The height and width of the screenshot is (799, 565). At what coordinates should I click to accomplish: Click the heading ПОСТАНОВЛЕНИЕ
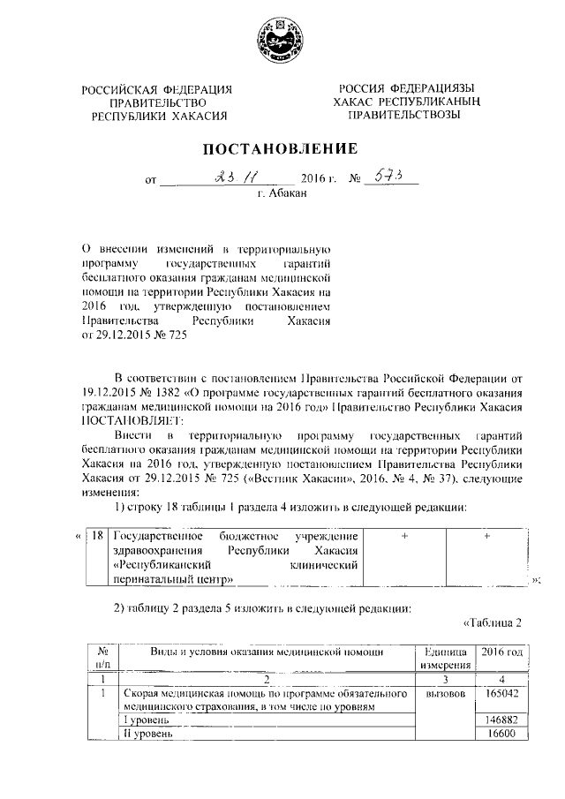[x=282, y=147]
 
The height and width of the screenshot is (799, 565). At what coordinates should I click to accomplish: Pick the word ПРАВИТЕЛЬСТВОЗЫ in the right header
[x=405, y=115]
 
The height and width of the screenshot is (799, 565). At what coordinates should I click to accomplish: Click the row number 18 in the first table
[x=99, y=536]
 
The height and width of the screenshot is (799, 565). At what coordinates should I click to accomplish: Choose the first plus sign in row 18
[x=404, y=536]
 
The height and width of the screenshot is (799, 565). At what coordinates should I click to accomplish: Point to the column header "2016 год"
[x=501, y=652]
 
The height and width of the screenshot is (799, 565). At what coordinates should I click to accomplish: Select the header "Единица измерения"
[x=444, y=658]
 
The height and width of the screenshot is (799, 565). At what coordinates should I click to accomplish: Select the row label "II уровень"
[x=147, y=733]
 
